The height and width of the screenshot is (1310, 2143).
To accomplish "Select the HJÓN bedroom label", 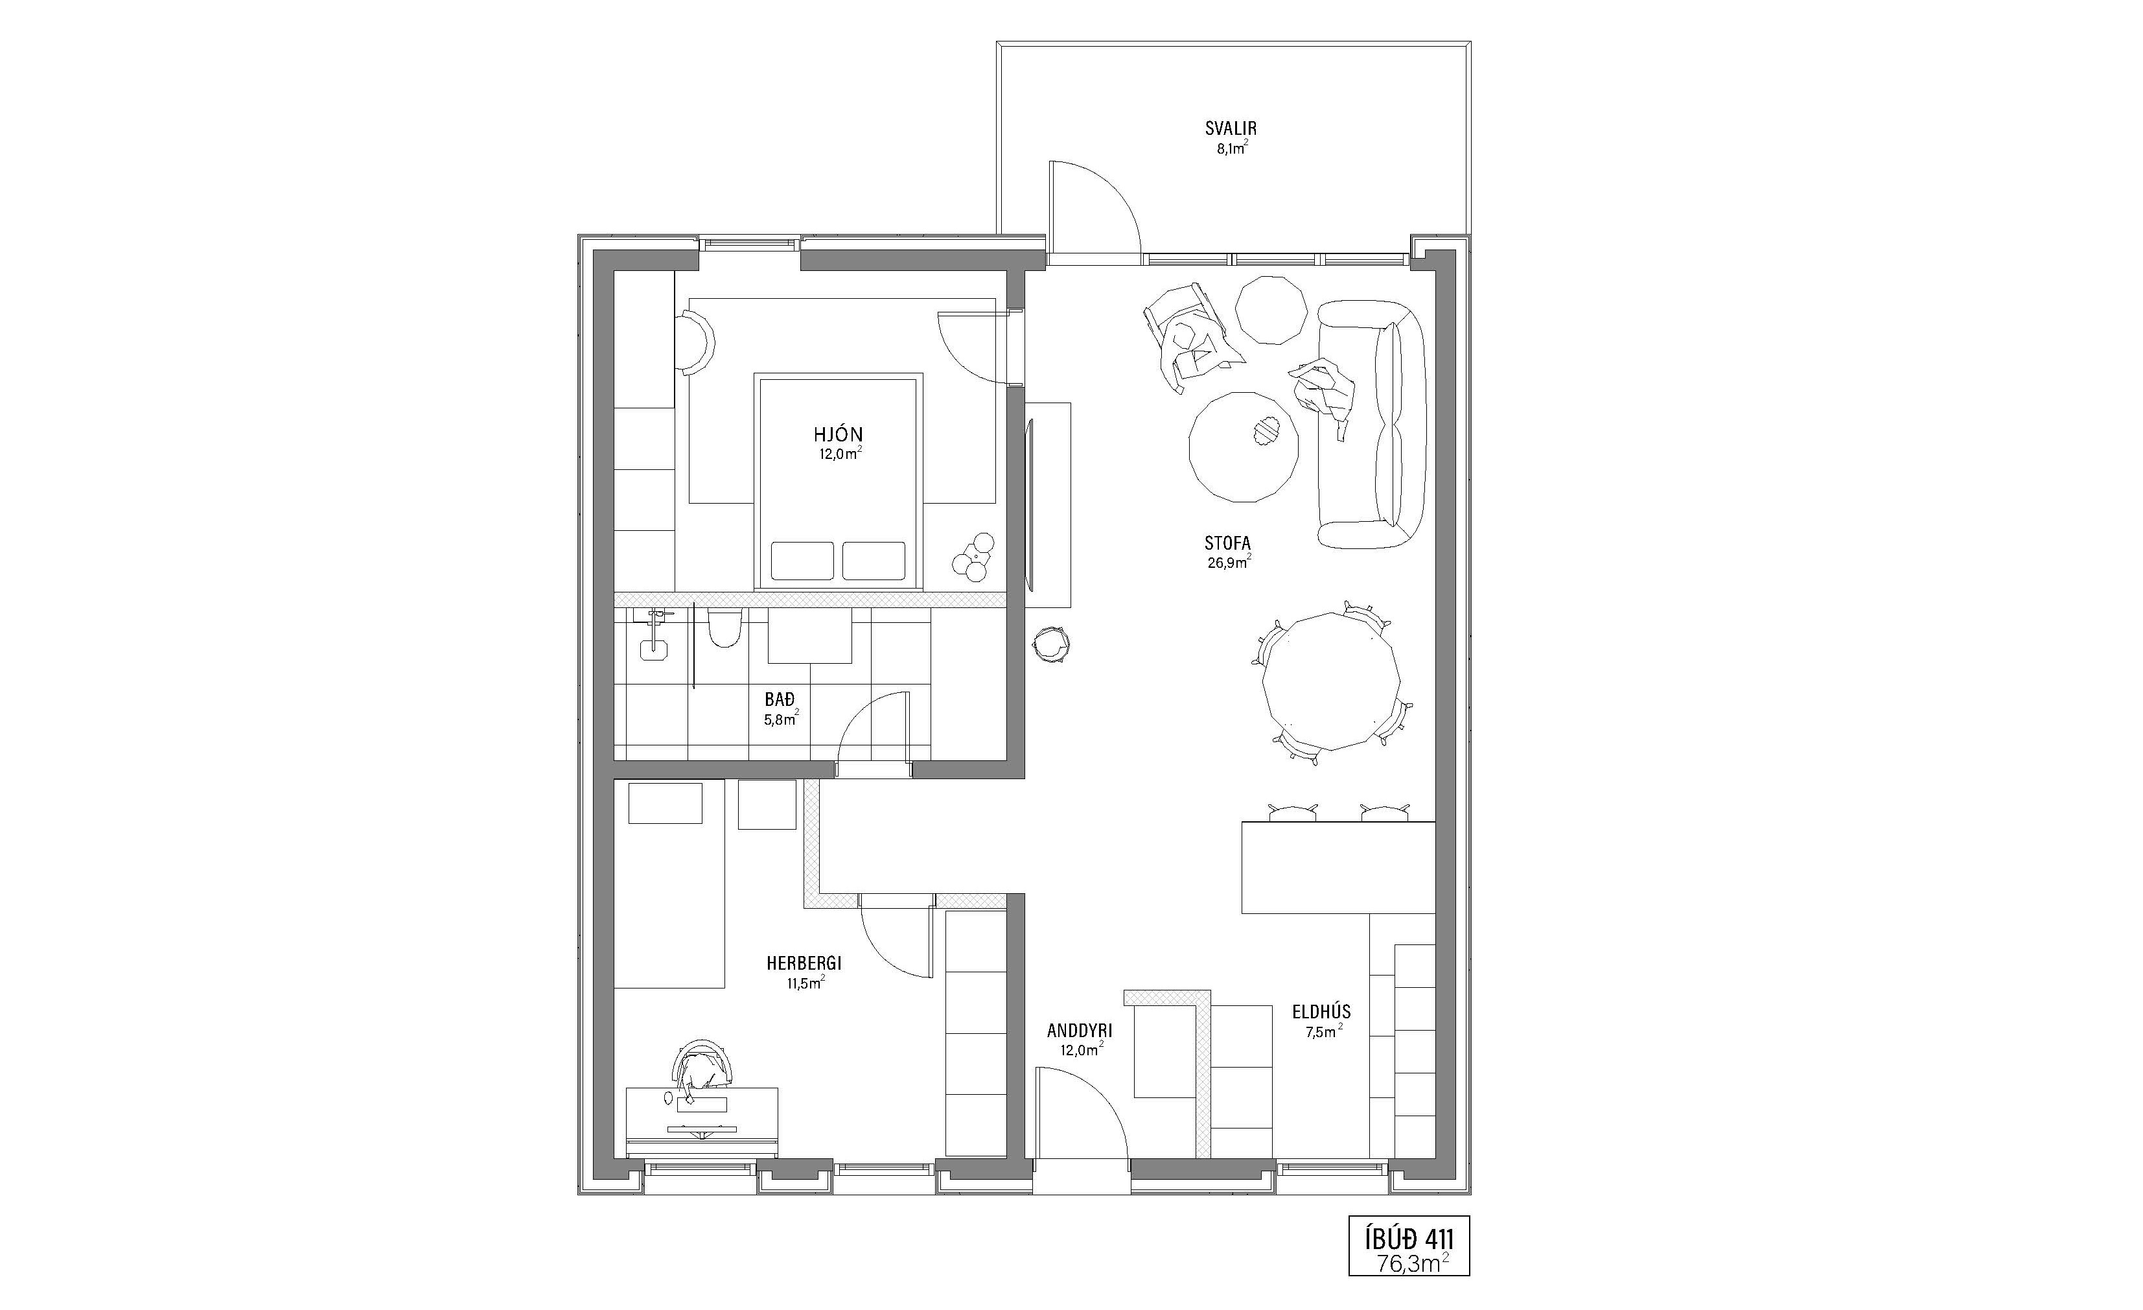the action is coord(839,435).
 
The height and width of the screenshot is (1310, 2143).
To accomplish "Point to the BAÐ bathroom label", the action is coord(780,699).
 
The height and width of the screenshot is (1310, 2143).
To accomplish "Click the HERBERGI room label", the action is coord(804,964).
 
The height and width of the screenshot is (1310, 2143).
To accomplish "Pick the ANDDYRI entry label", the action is coord(1080,1031).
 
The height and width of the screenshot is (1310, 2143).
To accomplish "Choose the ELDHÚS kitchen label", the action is coord(1321,1012).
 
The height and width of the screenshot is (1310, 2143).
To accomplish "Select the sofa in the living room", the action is coord(1372,425).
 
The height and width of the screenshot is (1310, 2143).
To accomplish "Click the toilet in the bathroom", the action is coord(724,627).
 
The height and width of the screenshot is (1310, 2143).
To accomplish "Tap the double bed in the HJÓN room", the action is coord(839,481).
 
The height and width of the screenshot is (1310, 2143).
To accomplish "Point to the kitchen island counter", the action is coord(1338,867).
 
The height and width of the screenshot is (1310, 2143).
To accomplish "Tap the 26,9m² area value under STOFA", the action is coord(1228,563).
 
